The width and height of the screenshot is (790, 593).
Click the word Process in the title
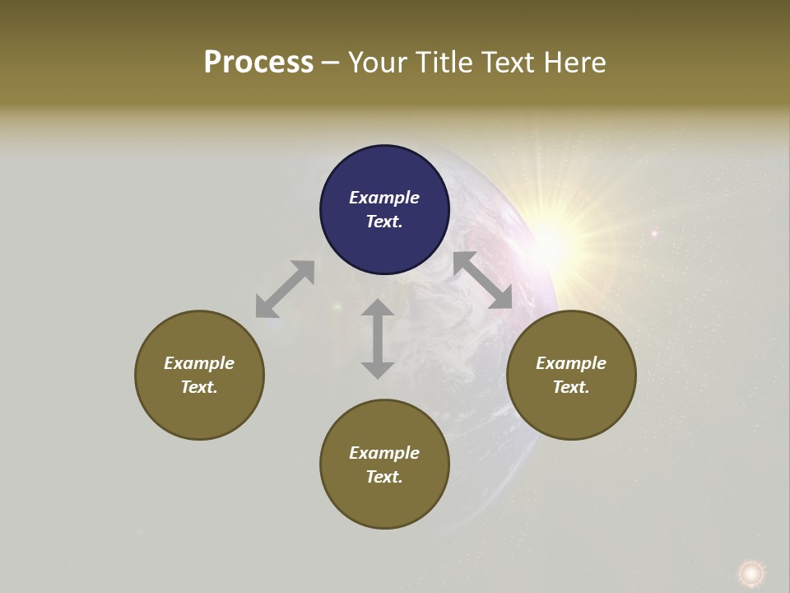click(x=258, y=62)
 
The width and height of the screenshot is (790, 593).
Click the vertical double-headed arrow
click(x=378, y=339)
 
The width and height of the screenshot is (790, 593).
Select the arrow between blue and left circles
click(x=285, y=289)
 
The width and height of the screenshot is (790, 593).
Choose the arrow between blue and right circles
click(x=483, y=280)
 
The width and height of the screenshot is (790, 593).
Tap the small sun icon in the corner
click(x=750, y=572)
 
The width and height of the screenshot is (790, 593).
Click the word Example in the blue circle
click(x=384, y=198)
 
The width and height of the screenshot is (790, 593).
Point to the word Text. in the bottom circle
click(x=384, y=477)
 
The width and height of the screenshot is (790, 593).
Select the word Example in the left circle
click(x=199, y=363)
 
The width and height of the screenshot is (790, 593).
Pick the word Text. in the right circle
click(x=571, y=387)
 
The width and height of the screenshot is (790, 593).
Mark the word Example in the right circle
click(x=571, y=363)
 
